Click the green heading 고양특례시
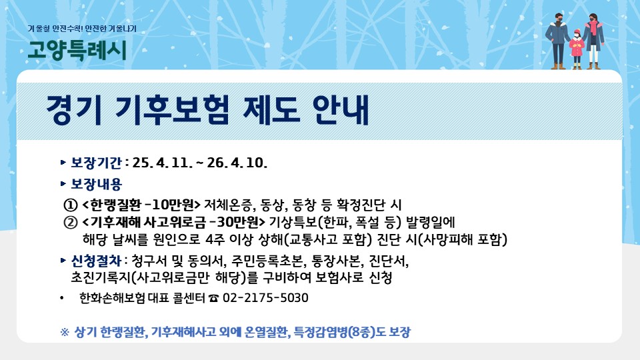[77, 51]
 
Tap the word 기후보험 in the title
[172, 110]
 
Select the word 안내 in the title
[341, 110]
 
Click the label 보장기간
[96, 163]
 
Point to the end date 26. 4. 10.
[237, 163]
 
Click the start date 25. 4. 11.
[163, 163]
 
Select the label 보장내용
[96, 184]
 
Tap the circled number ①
[71, 205]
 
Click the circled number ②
[71, 222]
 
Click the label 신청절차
[96, 261]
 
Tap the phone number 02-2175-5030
[265, 298]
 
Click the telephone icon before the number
[213, 299]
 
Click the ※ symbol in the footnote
[65, 332]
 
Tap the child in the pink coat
[576, 49]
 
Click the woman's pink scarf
[591, 27]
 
